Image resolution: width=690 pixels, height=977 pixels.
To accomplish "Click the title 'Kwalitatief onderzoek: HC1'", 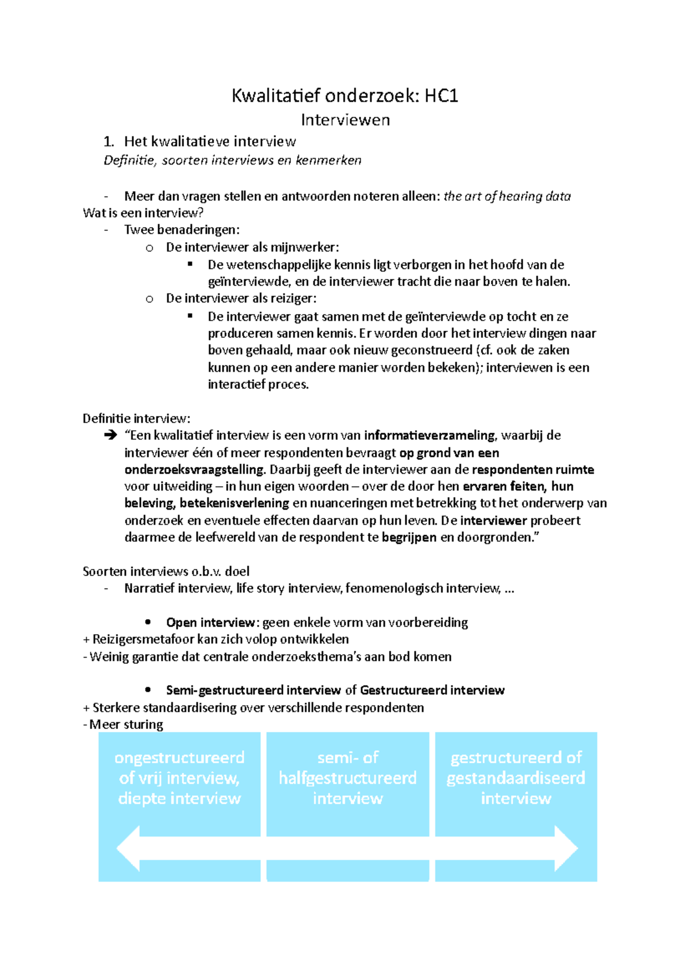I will (x=344, y=96).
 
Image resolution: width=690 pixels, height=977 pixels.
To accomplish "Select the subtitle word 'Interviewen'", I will (x=345, y=120).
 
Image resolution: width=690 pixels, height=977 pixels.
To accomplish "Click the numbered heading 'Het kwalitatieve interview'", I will (x=210, y=142).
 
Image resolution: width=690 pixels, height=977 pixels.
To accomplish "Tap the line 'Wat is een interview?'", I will (x=143, y=213).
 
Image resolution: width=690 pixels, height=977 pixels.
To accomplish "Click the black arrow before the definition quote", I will (x=110, y=436).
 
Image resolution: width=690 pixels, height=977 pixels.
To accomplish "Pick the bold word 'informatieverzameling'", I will (x=429, y=436).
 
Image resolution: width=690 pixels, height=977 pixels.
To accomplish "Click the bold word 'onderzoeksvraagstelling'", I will (x=194, y=470).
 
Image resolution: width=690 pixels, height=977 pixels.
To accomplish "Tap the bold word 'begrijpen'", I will (x=409, y=537).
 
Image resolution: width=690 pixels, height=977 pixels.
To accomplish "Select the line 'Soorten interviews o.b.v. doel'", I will (x=166, y=571).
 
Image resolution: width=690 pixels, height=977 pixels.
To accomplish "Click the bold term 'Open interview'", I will (x=210, y=623).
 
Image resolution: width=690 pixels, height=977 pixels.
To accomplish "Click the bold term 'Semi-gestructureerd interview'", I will (x=254, y=690).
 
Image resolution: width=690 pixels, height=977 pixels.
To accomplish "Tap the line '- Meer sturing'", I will (x=123, y=724).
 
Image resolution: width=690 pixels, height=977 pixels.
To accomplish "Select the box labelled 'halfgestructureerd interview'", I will (x=347, y=778).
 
